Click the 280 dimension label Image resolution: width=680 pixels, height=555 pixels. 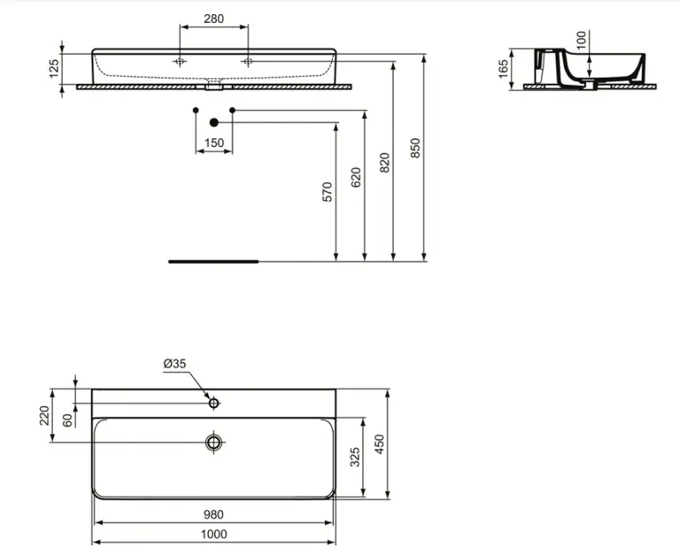pos(214,18)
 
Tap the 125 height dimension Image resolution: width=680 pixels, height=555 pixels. pos(54,69)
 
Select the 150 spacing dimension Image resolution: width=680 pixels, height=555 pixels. pos(214,143)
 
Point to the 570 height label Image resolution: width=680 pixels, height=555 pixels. pos(328,192)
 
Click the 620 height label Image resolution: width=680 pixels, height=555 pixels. pos(356,177)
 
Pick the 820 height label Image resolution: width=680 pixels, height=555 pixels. pos(385,163)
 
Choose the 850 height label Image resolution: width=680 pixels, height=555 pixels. pos(415,148)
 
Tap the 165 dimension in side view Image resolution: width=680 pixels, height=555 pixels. pos(503,70)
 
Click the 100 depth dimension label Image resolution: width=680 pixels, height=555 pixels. pos(581,40)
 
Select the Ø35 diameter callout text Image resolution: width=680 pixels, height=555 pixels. pos(174,363)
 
